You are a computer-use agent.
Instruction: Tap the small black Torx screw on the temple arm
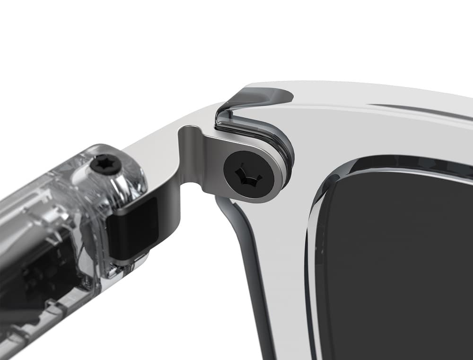click(x=105, y=165)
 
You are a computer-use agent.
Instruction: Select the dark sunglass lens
click(x=402, y=265)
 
